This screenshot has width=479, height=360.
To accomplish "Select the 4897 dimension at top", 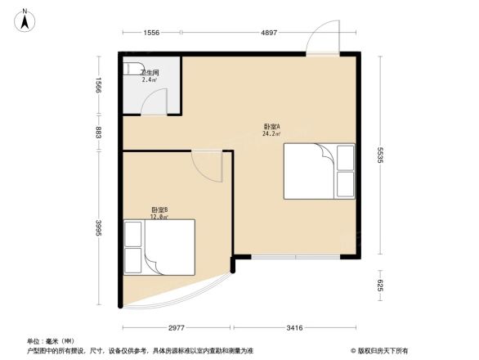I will click(x=270, y=32).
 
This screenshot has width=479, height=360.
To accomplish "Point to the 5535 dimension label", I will click(x=381, y=155).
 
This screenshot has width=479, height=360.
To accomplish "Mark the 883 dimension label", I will click(x=99, y=133).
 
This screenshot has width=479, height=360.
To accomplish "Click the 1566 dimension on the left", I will click(x=99, y=84).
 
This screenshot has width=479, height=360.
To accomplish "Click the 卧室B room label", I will click(x=159, y=210).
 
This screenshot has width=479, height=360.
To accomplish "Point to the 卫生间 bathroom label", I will click(x=149, y=73).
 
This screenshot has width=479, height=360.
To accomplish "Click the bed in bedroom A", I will click(x=319, y=170).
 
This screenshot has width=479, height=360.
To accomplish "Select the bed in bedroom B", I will click(x=159, y=248).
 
